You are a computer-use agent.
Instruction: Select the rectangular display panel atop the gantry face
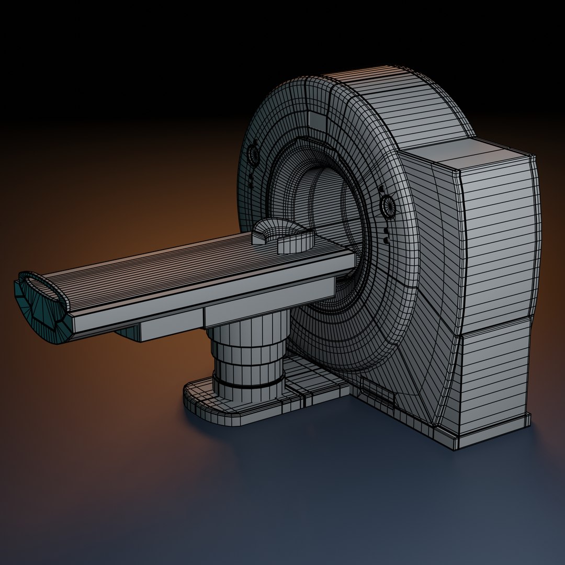click(317, 121)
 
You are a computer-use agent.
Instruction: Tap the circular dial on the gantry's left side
click(253, 154)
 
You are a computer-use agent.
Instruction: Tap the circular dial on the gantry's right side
click(389, 205)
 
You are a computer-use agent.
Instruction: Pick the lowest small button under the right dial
click(387, 240)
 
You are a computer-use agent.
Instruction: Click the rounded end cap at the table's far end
click(39, 303)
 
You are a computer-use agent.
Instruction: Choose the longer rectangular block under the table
click(269, 301)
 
